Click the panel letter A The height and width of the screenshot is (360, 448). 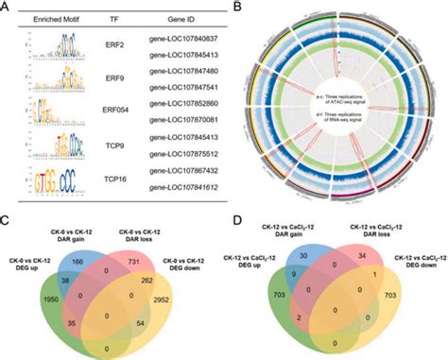(x=7, y=7)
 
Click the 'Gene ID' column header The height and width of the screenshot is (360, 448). (x=172, y=18)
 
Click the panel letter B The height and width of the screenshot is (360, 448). (x=236, y=7)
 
